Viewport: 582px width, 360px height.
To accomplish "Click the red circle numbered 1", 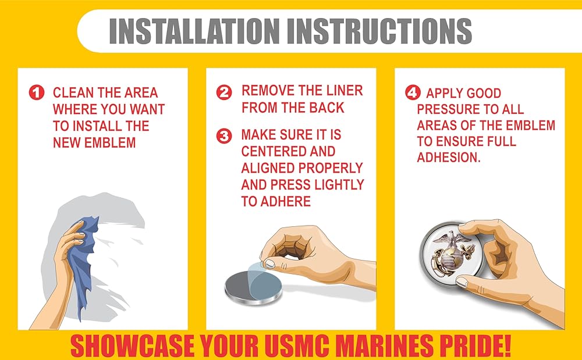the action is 36,92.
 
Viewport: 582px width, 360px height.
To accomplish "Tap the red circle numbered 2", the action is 224,92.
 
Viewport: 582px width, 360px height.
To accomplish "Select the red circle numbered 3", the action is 224,136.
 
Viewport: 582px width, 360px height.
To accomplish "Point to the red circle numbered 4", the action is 413,92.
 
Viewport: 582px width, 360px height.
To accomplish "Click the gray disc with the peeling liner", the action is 254,287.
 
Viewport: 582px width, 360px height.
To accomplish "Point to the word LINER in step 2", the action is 345,91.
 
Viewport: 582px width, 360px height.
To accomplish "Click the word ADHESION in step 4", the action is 449,158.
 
